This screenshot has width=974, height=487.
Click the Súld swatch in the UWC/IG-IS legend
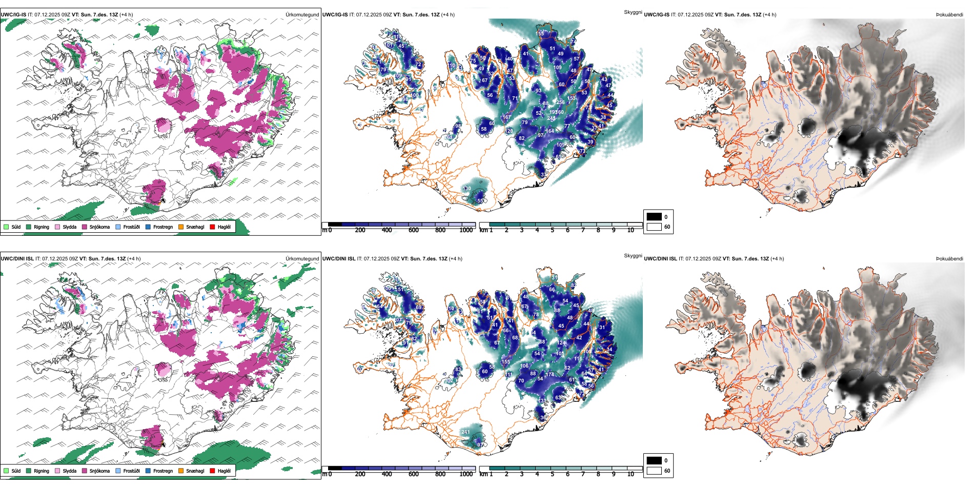coord(6,227)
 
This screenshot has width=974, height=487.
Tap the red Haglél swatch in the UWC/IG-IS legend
coord(212,227)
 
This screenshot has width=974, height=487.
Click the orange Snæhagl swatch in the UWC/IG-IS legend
coord(181,227)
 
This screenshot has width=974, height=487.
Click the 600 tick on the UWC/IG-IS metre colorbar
coord(413,230)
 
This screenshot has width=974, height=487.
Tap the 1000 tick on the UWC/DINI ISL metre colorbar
coord(466,474)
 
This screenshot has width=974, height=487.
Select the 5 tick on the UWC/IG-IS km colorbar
coord(552,230)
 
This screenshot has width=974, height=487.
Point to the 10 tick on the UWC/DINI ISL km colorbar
coord(631,474)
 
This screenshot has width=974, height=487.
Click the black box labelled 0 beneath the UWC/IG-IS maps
coord(654,216)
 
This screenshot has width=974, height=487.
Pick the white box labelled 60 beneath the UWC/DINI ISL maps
coord(654,471)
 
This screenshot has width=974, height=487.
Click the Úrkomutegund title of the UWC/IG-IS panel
coord(302,15)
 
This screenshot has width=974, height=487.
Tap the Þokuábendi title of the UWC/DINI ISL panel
coord(949,259)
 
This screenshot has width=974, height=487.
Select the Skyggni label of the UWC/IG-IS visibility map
coord(633,12)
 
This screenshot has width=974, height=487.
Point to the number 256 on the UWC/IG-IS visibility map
coord(560,103)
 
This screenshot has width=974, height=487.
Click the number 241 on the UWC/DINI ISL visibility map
coord(465,432)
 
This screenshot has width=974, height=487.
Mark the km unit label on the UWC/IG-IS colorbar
coord(483,230)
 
